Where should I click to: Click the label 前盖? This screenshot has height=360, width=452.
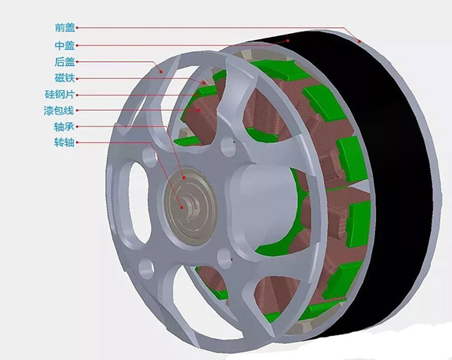[x=65, y=28]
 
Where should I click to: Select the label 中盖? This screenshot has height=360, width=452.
[x=65, y=45]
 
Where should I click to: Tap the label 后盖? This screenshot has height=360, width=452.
[x=65, y=62]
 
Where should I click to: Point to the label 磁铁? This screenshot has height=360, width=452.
[x=65, y=78]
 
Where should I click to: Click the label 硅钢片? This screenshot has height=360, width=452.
[x=60, y=94]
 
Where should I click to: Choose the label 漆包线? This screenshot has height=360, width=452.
[x=59, y=111]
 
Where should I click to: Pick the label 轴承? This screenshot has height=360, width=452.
[x=64, y=127]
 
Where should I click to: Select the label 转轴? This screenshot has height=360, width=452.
[x=64, y=142]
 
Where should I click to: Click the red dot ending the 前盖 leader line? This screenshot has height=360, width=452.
[x=359, y=41]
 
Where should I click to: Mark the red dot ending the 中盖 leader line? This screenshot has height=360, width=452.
[x=288, y=41]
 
